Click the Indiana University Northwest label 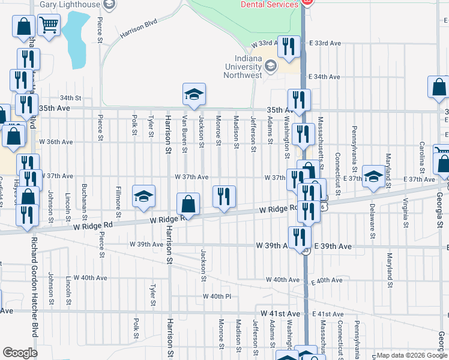click(244, 66)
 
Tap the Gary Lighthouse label click(69, 4)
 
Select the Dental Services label click(270, 4)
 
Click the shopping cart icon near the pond click(49, 25)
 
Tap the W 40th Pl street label click(217, 296)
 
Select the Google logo click(20, 352)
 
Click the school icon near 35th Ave click(194, 94)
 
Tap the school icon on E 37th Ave click(373, 176)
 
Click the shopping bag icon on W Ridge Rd click(188, 204)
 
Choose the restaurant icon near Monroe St click(224, 196)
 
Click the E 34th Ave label click(325, 77)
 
